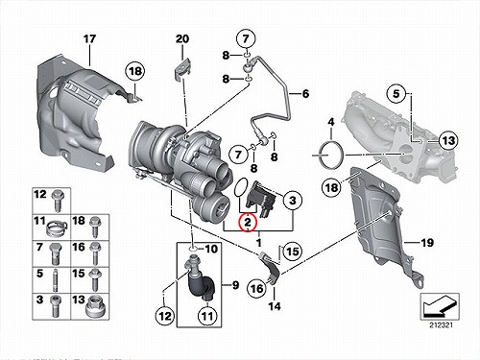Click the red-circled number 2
click(x=248, y=222)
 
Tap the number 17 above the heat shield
click(x=89, y=39)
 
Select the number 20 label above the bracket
click(x=182, y=39)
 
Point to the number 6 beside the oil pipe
click(x=305, y=93)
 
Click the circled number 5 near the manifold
click(x=396, y=94)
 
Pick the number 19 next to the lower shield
click(x=427, y=243)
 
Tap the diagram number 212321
click(x=441, y=325)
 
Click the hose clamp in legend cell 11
click(x=58, y=228)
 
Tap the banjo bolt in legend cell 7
click(x=56, y=253)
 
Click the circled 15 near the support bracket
click(x=292, y=252)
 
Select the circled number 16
click(x=257, y=289)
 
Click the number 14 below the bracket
click(x=275, y=306)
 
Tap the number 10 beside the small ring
click(x=210, y=249)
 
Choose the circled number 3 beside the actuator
click(x=293, y=201)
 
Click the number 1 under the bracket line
click(x=259, y=242)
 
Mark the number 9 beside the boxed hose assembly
click(x=235, y=284)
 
